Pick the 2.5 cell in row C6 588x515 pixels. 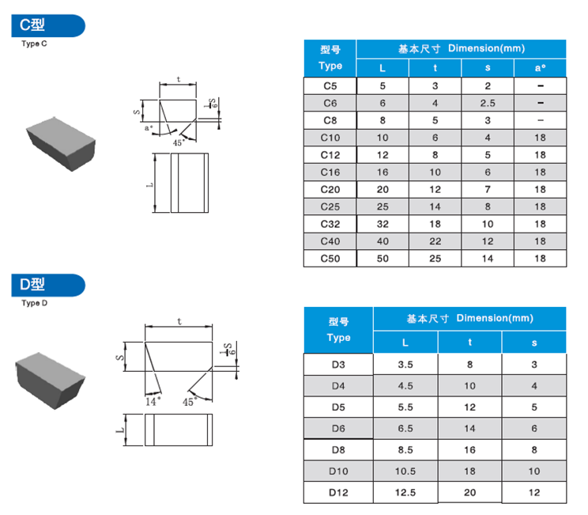(488, 103)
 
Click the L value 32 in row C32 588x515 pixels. (383, 224)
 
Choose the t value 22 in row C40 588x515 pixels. (435, 241)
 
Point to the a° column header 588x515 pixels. (540, 68)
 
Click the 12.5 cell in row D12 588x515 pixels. (405, 493)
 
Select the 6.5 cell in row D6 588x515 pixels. (405, 428)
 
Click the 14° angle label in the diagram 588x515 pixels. (153, 401)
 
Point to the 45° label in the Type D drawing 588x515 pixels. (190, 402)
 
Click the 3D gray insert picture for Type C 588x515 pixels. (61, 142)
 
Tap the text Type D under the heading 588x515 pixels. (34, 303)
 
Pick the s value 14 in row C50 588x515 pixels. (488, 259)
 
